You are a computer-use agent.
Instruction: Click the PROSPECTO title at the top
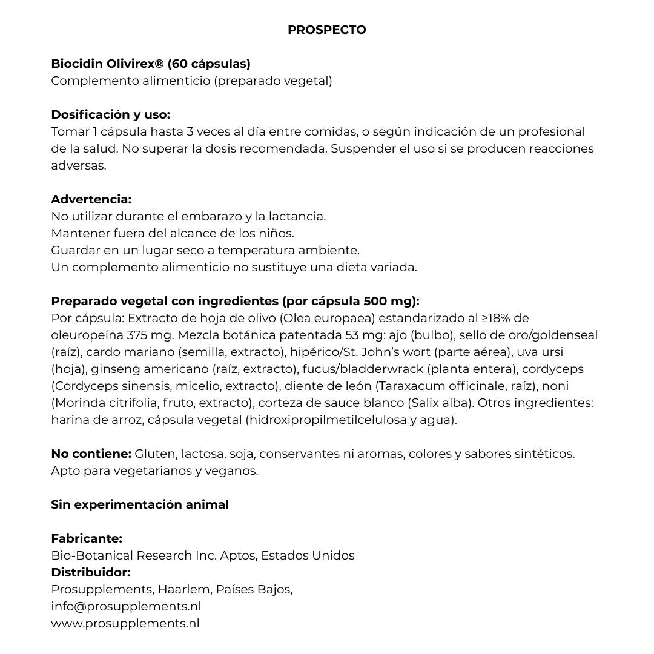point(326,30)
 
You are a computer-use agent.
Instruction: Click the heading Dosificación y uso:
point(110,114)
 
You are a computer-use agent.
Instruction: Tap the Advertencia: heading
point(91,199)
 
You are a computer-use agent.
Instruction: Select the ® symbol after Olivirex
point(160,63)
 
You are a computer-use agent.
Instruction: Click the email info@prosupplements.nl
point(126,606)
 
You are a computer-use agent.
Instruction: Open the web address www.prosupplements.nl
point(125,623)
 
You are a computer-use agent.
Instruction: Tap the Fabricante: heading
point(87,538)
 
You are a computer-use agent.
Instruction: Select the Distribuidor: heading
point(91,572)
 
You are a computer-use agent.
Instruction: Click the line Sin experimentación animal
point(140,504)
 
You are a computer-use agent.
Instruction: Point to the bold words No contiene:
point(91,454)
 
